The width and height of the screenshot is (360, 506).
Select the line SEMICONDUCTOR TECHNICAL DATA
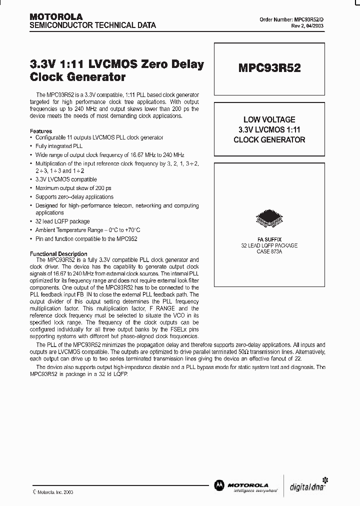click(x=93, y=25)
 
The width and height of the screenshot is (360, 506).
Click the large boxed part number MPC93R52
click(x=269, y=68)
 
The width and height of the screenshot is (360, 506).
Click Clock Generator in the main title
click(x=77, y=77)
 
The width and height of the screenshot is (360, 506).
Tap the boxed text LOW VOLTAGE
click(x=269, y=120)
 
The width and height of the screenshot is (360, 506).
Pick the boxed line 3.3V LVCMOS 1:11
click(x=269, y=130)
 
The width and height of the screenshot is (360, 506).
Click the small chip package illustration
click(x=269, y=218)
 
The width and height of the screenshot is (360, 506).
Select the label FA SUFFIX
click(x=269, y=239)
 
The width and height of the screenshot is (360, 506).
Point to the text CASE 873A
click(x=269, y=251)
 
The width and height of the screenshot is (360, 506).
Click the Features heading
click(x=41, y=131)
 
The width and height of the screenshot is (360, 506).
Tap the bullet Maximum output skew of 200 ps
click(x=73, y=188)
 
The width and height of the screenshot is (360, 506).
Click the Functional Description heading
click(x=59, y=254)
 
